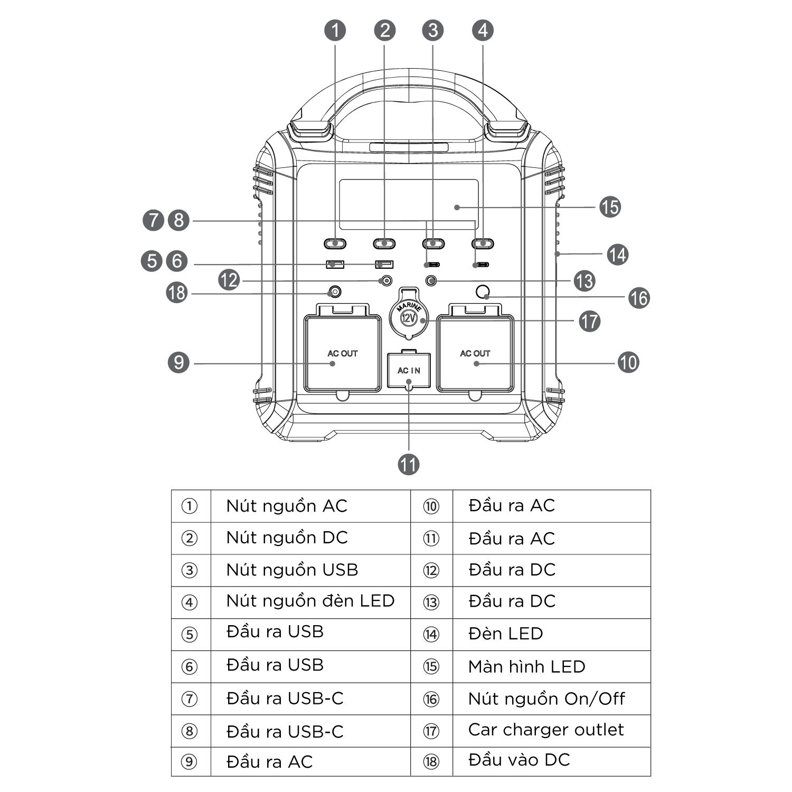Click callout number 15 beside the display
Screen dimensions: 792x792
(610, 207)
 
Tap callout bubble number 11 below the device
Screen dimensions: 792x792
(408, 465)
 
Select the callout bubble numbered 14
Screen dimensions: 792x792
(617, 254)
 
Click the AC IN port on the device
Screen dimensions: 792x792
(409, 370)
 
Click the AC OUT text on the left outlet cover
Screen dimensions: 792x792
(343, 353)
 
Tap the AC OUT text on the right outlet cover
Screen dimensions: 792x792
(475, 353)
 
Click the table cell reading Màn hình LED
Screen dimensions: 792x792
(526, 666)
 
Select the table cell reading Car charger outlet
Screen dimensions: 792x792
(545, 730)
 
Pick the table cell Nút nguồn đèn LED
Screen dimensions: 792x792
(310, 601)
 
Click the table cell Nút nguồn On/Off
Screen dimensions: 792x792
(546, 699)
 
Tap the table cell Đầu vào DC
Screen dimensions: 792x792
(519, 760)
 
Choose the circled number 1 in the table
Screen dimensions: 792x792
(190, 506)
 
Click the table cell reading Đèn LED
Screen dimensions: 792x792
(505, 634)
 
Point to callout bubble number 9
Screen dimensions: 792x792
(178, 363)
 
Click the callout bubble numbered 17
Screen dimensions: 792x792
(589, 321)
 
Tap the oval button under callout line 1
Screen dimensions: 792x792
(335, 243)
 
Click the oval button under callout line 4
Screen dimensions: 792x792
(483, 243)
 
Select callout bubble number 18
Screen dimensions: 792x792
(177, 292)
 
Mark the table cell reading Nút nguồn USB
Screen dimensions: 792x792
(292, 570)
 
